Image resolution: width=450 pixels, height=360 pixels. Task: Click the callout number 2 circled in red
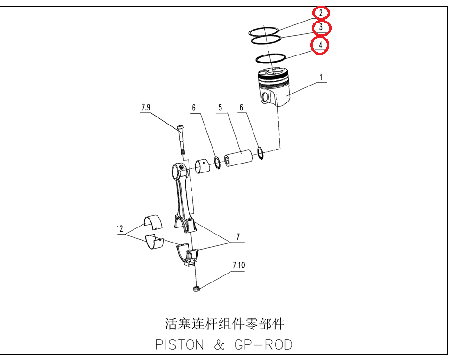pyautogui.click(x=321, y=13)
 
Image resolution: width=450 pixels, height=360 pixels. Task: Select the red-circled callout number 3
pyautogui.click(x=321, y=27)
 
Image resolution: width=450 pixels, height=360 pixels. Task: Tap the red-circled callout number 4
pyautogui.click(x=321, y=45)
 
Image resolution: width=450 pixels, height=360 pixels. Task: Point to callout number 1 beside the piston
pyautogui.click(x=321, y=77)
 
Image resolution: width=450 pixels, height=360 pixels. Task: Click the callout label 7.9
pyautogui.click(x=146, y=107)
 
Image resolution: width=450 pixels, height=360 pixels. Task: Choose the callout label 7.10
pyautogui.click(x=238, y=266)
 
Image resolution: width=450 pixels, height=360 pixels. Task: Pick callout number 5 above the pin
pyautogui.click(x=220, y=107)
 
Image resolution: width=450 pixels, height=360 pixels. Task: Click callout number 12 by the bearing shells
pyautogui.click(x=120, y=228)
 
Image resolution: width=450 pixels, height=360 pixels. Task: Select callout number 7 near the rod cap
pyautogui.click(x=238, y=237)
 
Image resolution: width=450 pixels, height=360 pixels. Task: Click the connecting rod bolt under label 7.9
pyautogui.click(x=181, y=140)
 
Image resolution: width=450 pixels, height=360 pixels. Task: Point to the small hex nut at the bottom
pyautogui.click(x=197, y=289)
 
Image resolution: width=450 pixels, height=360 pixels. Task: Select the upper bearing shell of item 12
pyautogui.click(x=153, y=222)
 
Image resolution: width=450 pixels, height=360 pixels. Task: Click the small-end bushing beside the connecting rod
pyautogui.click(x=202, y=166)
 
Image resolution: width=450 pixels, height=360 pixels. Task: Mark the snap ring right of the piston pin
pyautogui.click(x=261, y=153)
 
